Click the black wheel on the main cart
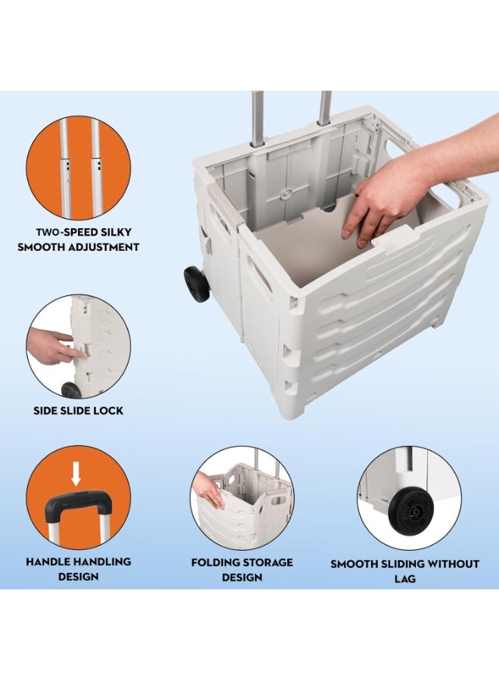(x=197, y=284)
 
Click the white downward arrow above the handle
(x=76, y=473)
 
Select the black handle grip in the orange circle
(x=78, y=505)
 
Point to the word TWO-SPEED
(x=61, y=232)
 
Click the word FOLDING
(x=215, y=562)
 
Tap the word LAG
(x=404, y=579)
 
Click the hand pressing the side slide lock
(x=52, y=346)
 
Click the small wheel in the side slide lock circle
(x=71, y=390)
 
